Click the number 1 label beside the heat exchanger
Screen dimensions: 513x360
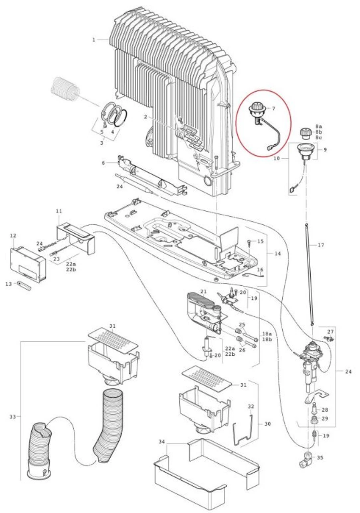coord(93,40)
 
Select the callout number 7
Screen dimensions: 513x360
coord(273,109)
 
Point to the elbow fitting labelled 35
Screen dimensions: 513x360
coord(308,459)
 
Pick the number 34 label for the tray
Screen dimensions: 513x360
coord(162,442)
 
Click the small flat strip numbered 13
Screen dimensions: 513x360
coord(24,286)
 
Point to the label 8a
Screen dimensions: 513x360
coord(319,126)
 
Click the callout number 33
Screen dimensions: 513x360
coord(13,417)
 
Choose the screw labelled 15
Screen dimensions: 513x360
coord(249,241)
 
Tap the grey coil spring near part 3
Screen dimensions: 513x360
coord(66,89)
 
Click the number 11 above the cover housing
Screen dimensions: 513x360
coord(59,211)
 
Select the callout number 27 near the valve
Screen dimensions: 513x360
coord(330,332)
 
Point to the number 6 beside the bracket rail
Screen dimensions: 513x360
coord(103,163)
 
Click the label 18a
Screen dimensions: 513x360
coord(267,333)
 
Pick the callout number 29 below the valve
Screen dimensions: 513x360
coord(324,418)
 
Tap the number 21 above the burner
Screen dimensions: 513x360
coord(203,291)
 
